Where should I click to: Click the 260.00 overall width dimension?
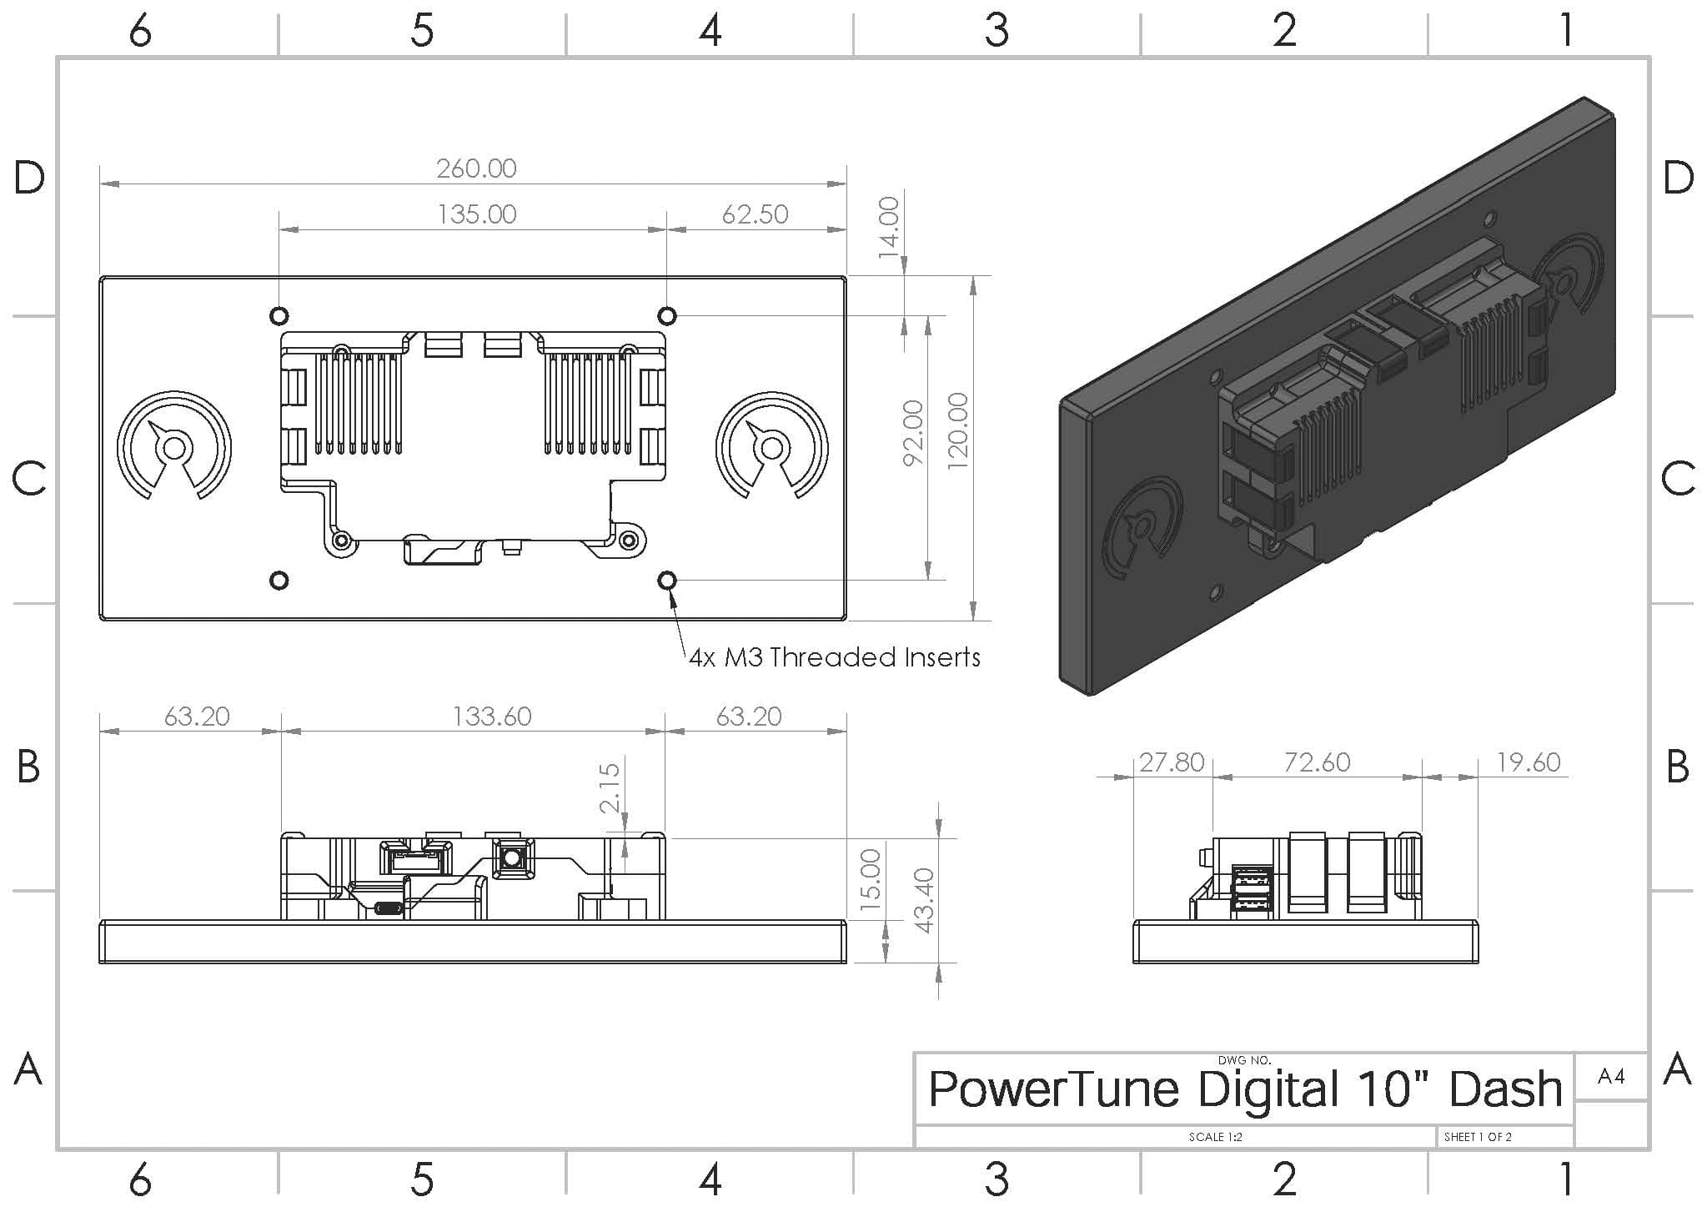coord(476,168)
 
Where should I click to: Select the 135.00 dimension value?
coord(477,214)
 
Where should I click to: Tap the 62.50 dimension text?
coord(755,214)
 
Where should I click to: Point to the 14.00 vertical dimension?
coord(890,227)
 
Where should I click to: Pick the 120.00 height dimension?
coord(958,430)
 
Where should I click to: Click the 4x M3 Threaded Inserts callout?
coord(834,657)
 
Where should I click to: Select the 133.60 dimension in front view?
coord(491,717)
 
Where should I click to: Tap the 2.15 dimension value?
coord(610,787)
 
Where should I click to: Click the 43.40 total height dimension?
coord(924,900)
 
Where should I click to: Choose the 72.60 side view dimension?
coord(1317,762)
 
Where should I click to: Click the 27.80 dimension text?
coord(1172,762)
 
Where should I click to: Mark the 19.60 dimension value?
coord(1528,762)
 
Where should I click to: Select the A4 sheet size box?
coord(1611,1076)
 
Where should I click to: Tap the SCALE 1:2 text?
coord(1215,1137)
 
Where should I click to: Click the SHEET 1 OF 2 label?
coord(1478,1137)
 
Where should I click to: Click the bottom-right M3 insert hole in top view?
coord(667,580)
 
